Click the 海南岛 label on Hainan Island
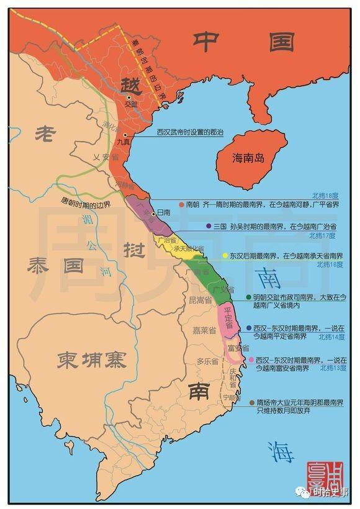pyautogui.click(x=247, y=158)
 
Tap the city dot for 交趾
pyautogui.click(x=129, y=97)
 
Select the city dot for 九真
pyautogui.click(x=125, y=135)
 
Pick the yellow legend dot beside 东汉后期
pyautogui.click(x=224, y=255)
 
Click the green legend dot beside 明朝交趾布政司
pyautogui.click(x=248, y=297)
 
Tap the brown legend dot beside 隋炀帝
pyautogui.click(x=250, y=402)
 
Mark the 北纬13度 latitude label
pyautogui.click(x=333, y=368)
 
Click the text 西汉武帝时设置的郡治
pyautogui.click(x=194, y=132)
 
